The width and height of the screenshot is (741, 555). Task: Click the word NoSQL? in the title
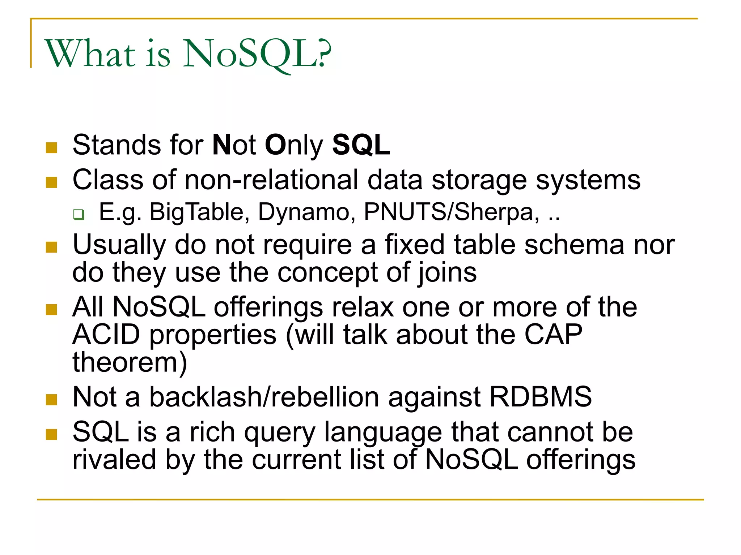pos(257,54)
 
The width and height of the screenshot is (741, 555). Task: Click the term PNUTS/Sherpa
pos(452,212)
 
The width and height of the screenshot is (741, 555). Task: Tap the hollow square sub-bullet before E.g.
pos(79,214)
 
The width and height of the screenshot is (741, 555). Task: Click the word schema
pos(575,245)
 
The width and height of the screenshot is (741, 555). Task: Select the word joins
pos(447,273)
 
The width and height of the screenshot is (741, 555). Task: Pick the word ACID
pos(106,335)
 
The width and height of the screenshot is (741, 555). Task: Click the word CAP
pos(553,335)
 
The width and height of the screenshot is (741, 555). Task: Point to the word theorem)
pos(130,362)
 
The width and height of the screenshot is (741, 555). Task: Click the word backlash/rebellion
pos(264,397)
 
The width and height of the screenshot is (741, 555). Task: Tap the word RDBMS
pos(541,397)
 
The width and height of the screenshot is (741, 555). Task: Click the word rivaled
pos(114,460)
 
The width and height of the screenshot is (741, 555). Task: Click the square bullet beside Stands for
pos(52,147)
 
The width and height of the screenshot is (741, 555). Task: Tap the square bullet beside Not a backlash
pos(52,400)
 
